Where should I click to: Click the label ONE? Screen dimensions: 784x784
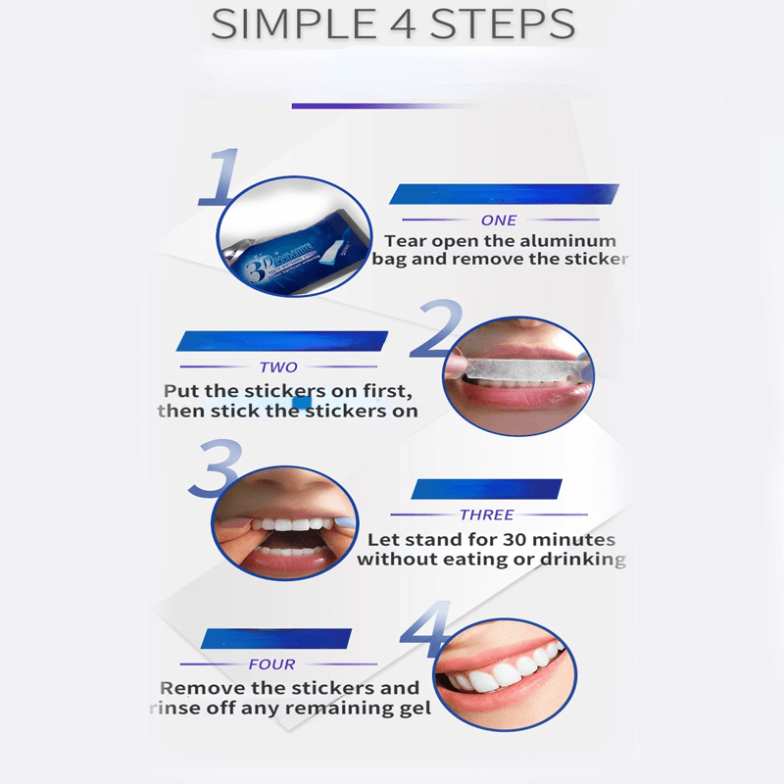point(499,220)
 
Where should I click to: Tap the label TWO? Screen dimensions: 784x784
point(278,367)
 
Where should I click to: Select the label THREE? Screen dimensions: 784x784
point(486,514)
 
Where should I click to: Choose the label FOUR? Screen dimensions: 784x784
point(271,664)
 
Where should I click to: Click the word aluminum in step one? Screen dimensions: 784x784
point(569,241)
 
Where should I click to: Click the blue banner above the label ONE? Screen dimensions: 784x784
point(504,194)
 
